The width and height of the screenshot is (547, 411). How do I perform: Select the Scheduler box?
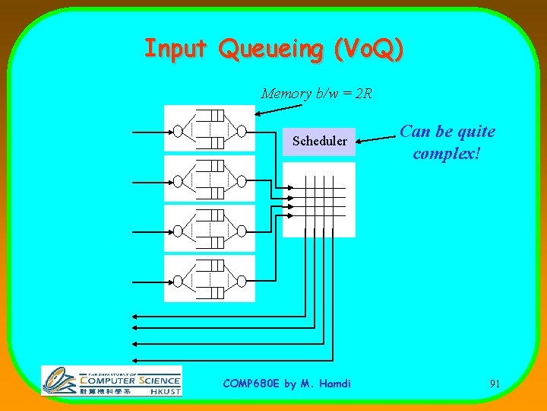point(319,141)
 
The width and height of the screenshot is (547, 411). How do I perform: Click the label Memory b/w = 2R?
point(316,94)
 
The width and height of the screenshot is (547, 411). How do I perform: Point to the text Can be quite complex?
point(447,142)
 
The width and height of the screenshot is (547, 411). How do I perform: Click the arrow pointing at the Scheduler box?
point(377,139)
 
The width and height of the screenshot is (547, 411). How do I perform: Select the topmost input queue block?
point(209,128)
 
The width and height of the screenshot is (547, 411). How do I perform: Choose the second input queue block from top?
point(209,178)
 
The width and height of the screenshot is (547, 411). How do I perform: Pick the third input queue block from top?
point(209,228)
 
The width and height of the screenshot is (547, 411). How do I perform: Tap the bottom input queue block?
point(209,278)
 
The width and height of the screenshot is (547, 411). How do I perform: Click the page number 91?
point(495,384)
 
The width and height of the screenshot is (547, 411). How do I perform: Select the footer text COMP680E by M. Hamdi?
point(287,384)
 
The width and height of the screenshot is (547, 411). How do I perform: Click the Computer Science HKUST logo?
point(112,381)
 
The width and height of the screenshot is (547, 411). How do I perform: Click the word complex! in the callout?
point(447,153)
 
